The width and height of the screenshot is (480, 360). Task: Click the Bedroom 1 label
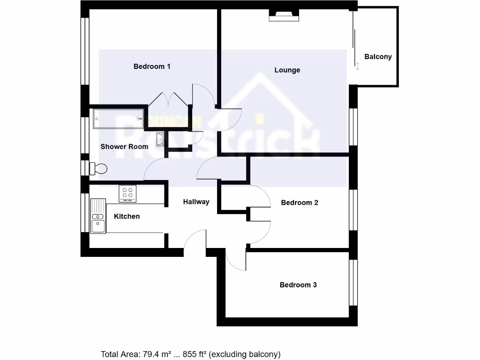152,67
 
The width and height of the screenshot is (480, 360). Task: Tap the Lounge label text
287,70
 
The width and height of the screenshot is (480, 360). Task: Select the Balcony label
378,57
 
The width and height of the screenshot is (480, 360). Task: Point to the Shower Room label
124,147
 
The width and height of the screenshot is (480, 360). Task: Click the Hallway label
196,202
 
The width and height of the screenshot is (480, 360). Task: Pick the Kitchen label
127,217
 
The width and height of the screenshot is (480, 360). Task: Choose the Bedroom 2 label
300,203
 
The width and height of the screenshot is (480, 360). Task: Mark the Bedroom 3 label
298,285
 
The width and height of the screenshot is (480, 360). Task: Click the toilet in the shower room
99,168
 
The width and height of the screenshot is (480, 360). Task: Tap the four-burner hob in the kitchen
127,193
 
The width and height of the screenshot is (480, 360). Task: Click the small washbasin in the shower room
161,139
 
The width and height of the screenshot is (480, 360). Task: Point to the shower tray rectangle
119,119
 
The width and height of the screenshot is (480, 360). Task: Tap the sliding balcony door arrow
357,66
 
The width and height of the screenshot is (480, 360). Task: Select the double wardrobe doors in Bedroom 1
169,100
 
